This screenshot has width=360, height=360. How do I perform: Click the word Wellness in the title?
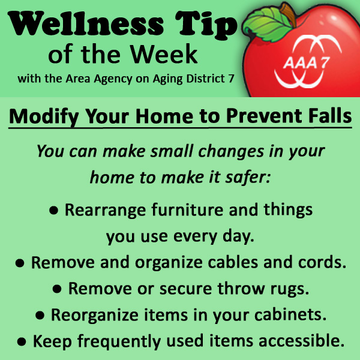86,23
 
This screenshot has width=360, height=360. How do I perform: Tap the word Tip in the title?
206,25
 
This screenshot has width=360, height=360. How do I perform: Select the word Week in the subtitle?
164,55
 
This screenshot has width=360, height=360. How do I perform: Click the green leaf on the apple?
267,25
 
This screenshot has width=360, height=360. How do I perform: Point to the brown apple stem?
289,13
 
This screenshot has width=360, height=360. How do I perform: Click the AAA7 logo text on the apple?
306,62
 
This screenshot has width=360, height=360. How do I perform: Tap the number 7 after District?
231,79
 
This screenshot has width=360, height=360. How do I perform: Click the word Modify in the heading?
44,116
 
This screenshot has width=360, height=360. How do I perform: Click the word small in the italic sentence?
171,151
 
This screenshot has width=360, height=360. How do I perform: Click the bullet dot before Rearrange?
54,211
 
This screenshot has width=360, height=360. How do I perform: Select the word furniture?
187,209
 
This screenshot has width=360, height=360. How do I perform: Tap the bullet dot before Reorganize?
40,316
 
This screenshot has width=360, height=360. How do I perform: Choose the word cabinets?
290,314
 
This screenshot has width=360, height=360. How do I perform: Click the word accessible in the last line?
302,340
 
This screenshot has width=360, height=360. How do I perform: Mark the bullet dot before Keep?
22,341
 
